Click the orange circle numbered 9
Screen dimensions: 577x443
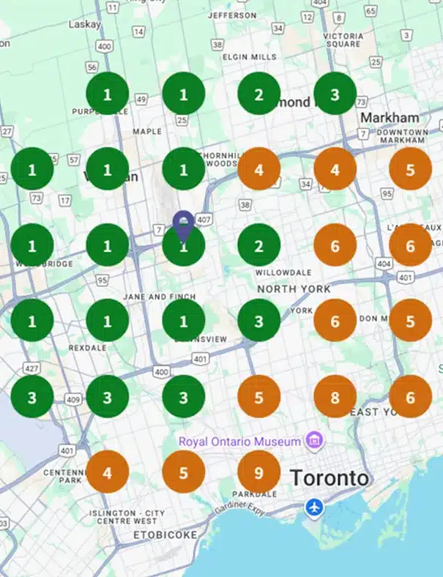(258, 472)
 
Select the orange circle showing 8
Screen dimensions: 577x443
(335, 396)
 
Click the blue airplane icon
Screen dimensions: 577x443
(314, 507)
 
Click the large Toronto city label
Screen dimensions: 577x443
(330, 478)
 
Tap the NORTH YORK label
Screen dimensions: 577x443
(294, 289)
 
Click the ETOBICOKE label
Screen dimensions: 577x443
(165, 535)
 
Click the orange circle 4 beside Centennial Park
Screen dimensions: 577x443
(108, 472)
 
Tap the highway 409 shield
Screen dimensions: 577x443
(72, 400)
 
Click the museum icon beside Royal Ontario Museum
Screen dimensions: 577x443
(315, 442)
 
